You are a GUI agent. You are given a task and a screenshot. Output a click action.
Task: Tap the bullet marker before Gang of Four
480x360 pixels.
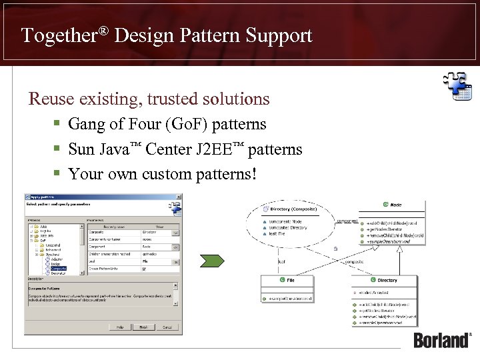pyautogui.click(x=58, y=125)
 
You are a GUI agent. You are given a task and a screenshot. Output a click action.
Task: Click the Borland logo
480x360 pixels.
pyautogui.click(x=442, y=339)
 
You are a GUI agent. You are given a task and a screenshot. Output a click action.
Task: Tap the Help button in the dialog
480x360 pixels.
pyautogui.click(x=119, y=327)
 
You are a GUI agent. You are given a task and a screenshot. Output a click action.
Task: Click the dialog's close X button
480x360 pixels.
pyautogui.click(x=177, y=197)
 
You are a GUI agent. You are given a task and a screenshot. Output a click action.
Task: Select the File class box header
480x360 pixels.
pyautogui.click(x=287, y=281)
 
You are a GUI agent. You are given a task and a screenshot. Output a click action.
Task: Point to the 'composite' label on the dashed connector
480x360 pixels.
pyautogui.click(x=353, y=263)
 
